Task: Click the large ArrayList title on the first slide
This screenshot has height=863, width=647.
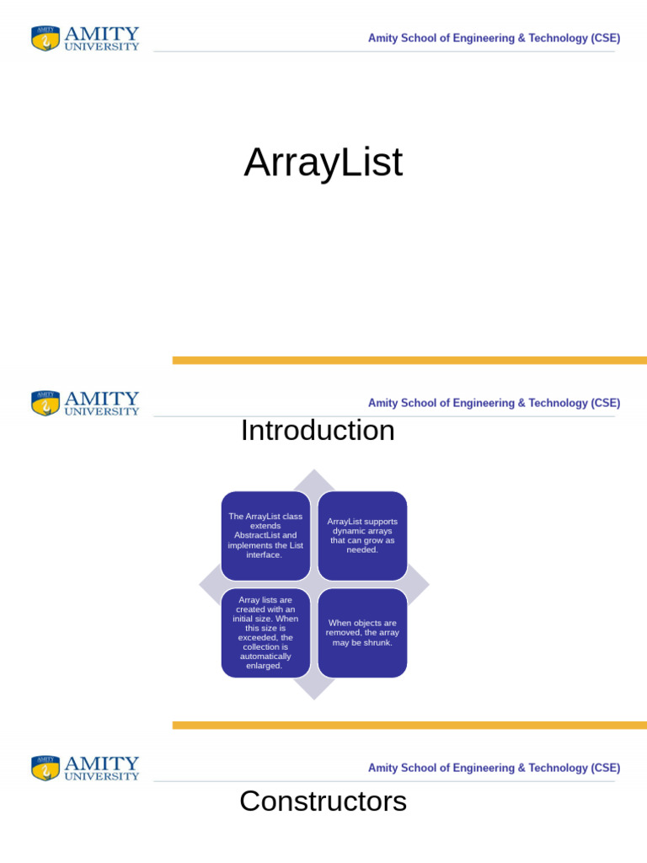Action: pos(323,163)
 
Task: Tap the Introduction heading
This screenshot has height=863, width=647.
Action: pos(318,431)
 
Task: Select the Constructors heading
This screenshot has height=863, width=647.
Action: pos(323,801)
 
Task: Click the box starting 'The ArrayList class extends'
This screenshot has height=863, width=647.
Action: pos(265,535)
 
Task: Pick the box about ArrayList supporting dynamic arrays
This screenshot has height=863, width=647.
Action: pos(362,535)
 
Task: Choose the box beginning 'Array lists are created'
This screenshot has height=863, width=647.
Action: pos(265,633)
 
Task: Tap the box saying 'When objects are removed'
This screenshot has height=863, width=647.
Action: pos(362,633)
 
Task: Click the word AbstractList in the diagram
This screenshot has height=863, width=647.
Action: pos(258,535)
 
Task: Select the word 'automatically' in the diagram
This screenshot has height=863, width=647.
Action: pos(265,656)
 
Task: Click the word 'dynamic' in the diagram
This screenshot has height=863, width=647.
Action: pos(346,531)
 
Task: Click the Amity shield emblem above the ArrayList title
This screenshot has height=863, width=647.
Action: pos(45,38)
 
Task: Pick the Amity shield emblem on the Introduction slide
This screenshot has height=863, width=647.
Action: pos(45,403)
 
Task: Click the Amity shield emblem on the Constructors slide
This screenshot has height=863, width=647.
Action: pos(45,768)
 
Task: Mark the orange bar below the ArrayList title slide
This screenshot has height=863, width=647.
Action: pos(410,361)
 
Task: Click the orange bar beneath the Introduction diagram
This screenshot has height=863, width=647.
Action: pos(410,726)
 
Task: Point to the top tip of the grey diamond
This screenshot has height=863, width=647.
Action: pos(314,469)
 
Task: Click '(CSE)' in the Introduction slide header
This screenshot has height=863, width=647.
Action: pos(605,403)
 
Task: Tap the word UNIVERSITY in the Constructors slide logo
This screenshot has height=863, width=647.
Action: pos(102,776)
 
